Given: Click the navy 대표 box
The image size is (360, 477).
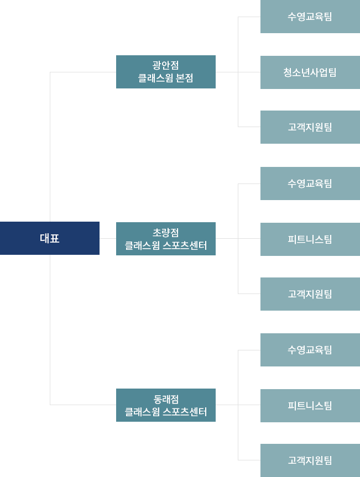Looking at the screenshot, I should pos(50,238).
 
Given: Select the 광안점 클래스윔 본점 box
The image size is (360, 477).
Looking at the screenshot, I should pos(165,72).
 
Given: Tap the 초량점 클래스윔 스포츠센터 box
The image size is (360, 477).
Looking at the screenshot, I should pos(165,239).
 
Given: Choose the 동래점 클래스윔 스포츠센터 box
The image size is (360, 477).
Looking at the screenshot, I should pos(165,405).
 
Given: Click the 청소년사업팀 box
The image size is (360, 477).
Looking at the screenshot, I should pos(310,72).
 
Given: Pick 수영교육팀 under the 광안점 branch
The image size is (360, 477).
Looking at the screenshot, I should pos(310,17).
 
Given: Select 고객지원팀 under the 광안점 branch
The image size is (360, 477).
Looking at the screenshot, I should pos(310,127).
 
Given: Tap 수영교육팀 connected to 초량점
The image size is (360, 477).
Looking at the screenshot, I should pos(310,184).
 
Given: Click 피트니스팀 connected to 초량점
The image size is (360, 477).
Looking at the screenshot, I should pos(310,239).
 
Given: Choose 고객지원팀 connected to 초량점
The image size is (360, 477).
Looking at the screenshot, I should pos(310,294).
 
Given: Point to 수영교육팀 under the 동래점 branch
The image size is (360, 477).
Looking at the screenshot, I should pos(310,350).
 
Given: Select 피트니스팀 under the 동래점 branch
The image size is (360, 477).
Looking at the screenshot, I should pos(310,406).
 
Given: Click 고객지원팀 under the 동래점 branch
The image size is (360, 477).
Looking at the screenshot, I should pos(310,460).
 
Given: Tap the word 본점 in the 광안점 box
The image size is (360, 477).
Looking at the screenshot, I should pos(184,78).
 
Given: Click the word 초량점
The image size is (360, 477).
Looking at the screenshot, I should pos(165,233).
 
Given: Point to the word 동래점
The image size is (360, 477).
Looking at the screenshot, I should pos(165,399).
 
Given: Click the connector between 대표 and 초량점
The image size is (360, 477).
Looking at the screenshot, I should pos(107,238).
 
